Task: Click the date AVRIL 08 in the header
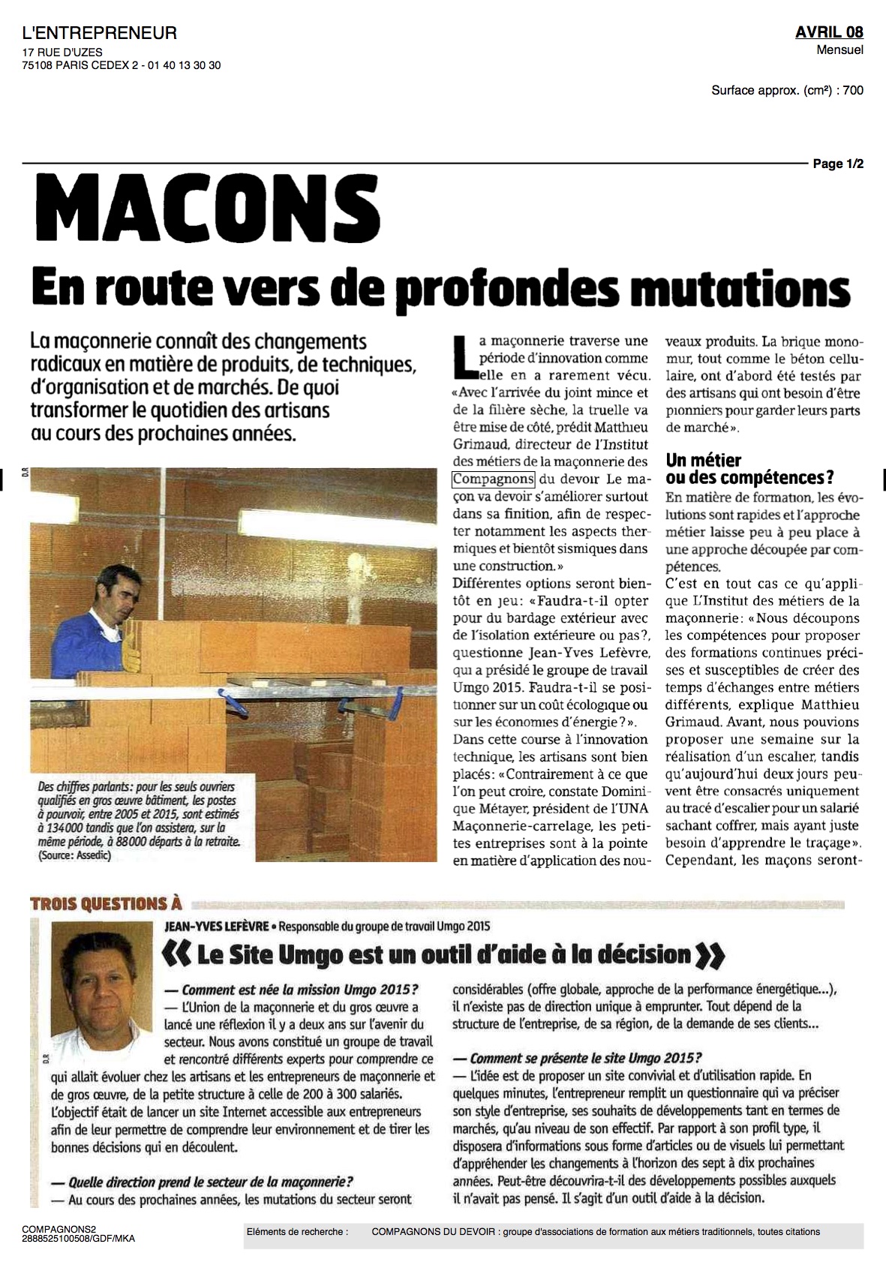pyautogui.click(x=829, y=32)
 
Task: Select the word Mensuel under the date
pyautogui.click(x=840, y=50)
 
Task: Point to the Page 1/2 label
pyautogui.click(x=838, y=164)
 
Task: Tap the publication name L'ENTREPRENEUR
pyautogui.click(x=101, y=32)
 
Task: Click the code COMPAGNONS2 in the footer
pyautogui.click(x=61, y=1230)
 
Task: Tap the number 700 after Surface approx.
pyautogui.click(x=853, y=91)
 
